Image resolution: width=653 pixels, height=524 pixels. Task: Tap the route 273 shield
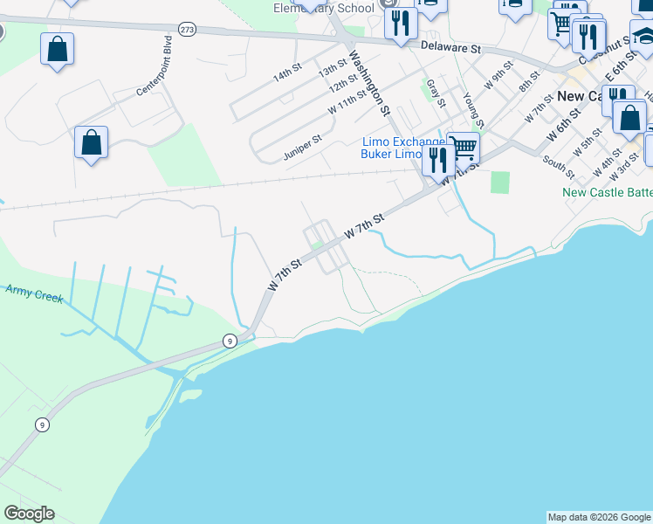188,29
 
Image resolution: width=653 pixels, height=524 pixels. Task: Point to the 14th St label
287,74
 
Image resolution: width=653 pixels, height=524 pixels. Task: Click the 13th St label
333,68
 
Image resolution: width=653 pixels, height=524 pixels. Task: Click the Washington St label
368,82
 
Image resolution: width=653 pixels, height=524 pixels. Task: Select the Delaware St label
450,47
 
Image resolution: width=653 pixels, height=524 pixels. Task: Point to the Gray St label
435,93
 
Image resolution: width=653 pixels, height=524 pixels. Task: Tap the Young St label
472,108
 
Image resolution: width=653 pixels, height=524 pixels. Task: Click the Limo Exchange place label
404,141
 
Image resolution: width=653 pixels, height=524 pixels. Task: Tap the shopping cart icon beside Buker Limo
463,147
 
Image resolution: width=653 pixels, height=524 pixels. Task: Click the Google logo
30,514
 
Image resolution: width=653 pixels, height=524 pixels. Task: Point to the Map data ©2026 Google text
599,517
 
